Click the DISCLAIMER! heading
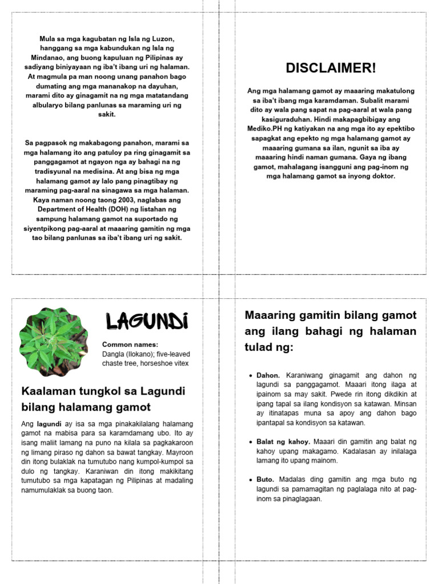point(331,68)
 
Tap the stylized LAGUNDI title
point(147,322)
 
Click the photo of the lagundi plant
point(54,342)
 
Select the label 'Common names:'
point(130,344)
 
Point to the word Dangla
point(114,354)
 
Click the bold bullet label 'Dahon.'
point(268,375)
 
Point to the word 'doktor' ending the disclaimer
point(383,176)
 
